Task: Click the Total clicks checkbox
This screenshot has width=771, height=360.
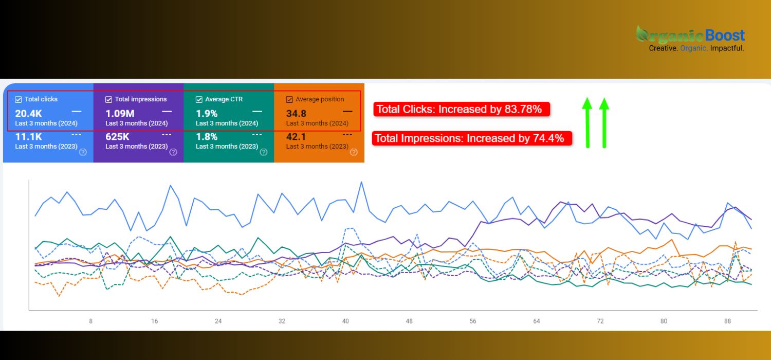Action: click(19, 99)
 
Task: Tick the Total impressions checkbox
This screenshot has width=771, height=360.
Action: click(109, 99)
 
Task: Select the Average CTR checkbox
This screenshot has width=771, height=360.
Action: click(199, 99)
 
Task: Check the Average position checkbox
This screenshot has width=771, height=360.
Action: click(289, 99)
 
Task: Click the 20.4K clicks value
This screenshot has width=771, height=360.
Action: click(29, 113)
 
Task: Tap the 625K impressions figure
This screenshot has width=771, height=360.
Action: click(117, 137)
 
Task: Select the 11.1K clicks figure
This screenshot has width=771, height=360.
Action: click(28, 137)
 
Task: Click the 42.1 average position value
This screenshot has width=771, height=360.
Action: click(296, 137)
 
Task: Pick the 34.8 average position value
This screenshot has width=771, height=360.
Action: click(296, 113)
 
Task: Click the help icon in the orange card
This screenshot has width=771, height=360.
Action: click(354, 152)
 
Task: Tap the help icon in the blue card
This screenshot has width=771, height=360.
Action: click(83, 152)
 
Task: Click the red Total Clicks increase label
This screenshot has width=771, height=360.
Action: click(461, 109)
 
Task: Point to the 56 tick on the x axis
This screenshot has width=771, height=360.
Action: click(473, 321)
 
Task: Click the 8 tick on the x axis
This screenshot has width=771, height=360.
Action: click(91, 321)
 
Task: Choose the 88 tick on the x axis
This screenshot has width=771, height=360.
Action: click(728, 321)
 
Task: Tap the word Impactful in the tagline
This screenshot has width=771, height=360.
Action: click(727, 48)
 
